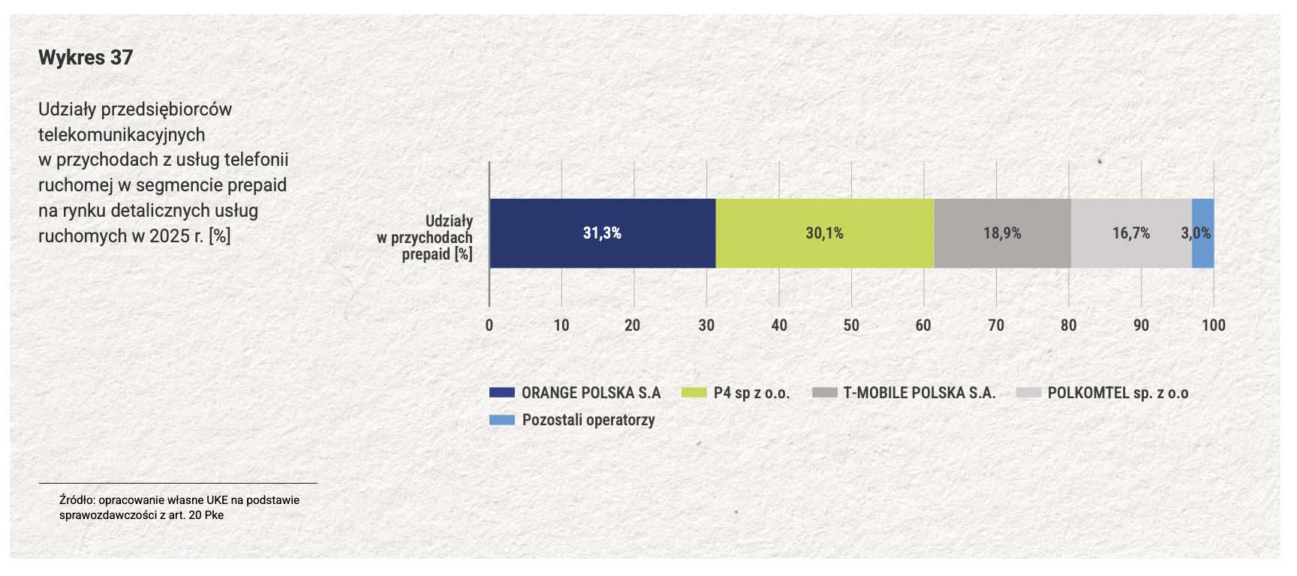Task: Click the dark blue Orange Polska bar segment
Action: coord(602,233)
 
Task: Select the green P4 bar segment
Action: coord(825,233)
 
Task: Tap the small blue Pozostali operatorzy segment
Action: coord(1203,233)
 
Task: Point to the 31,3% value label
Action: coord(602,233)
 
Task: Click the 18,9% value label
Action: coord(1002,233)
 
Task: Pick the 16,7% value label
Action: coord(1131,233)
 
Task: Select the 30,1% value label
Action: coord(825,233)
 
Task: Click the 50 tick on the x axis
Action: coord(851,325)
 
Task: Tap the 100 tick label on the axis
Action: coord(1214,325)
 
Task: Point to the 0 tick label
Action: coord(489,325)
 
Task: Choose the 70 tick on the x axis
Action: coord(996,325)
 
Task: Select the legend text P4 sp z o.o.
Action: coord(751,393)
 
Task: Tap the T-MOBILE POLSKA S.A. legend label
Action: coord(919,392)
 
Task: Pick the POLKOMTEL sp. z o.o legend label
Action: coord(1118,393)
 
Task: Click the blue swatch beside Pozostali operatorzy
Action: coord(502,420)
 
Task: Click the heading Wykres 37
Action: coord(86,58)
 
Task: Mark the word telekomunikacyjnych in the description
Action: coord(122,134)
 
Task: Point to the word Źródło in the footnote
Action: coord(77,499)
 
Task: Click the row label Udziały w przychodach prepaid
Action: coord(425,238)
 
